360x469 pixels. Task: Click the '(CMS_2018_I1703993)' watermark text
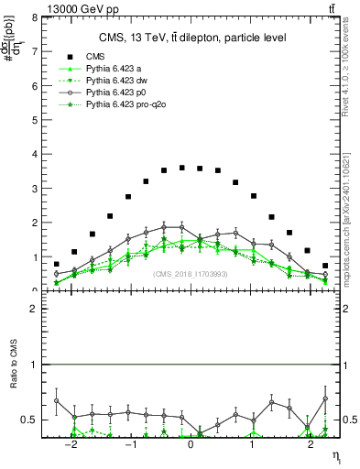(x=191, y=273)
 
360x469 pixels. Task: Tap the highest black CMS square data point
(x=182, y=168)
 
